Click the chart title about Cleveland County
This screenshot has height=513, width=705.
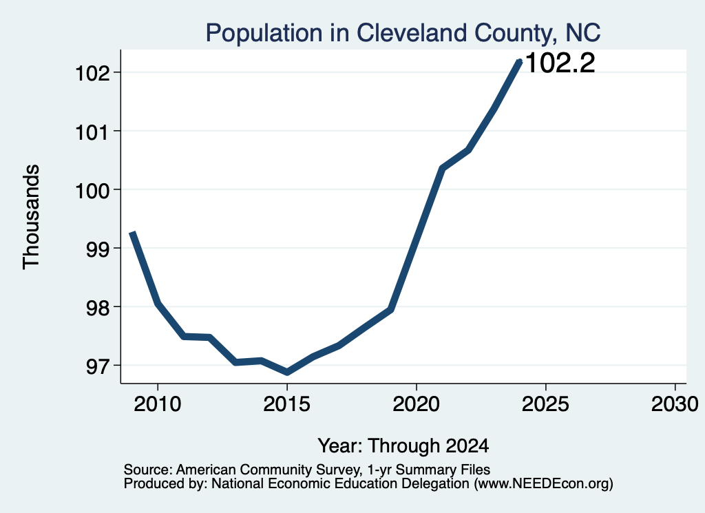tap(403, 33)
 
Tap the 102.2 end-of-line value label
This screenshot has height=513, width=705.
tap(560, 63)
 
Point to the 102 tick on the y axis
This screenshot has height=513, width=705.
tap(93, 73)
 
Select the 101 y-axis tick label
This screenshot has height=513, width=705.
tap(93, 132)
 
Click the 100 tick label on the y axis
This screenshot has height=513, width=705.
tap(93, 190)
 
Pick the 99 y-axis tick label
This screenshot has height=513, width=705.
tap(98, 249)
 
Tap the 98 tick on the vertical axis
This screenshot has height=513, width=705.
tap(98, 308)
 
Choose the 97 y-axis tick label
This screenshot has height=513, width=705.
tap(98, 366)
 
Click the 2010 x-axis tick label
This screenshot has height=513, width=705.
tap(158, 404)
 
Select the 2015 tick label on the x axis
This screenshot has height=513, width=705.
tap(287, 404)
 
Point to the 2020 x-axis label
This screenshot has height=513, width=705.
tap(417, 404)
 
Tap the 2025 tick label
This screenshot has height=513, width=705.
tap(545, 404)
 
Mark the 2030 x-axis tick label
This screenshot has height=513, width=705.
tap(675, 404)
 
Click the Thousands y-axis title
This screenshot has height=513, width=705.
tap(32, 217)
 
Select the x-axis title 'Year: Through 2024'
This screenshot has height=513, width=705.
tap(403, 446)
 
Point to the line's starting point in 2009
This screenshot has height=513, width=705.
tap(131, 233)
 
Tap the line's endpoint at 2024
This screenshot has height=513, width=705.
tap(520, 61)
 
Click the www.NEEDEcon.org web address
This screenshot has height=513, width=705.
tap(545, 483)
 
